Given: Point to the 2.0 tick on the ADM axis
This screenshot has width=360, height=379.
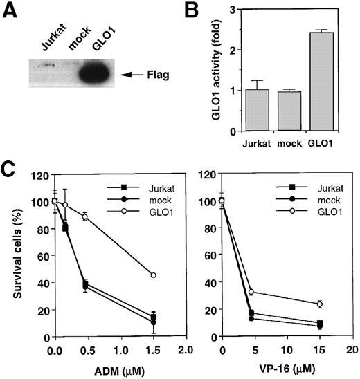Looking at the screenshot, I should click(184, 352).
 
